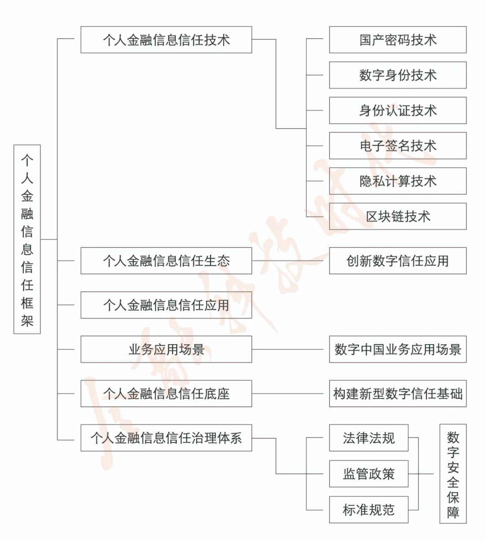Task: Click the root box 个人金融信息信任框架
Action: [27, 239]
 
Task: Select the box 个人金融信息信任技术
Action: [166, 40]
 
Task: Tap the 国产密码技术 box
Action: [397, 40]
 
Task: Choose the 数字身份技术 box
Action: [397, 75]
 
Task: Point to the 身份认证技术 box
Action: [397, 110]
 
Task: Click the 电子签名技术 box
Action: [397, 146]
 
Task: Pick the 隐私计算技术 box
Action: [397, 181]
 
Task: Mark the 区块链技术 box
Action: [397, 216]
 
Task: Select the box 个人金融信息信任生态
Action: [166, 261]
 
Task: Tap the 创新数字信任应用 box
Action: [397, 261]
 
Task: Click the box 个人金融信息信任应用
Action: [166, 305]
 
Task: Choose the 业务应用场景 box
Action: [166, 349]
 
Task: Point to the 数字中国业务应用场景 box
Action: [397, 349]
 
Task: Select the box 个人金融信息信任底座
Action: [166, 394]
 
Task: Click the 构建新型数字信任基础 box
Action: [397, 394]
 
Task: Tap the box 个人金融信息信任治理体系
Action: [166, 438]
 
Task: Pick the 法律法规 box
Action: [369, 438]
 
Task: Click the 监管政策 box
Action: [369, 474]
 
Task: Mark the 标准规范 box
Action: [369, 510]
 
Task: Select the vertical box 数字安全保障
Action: [453, 474]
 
